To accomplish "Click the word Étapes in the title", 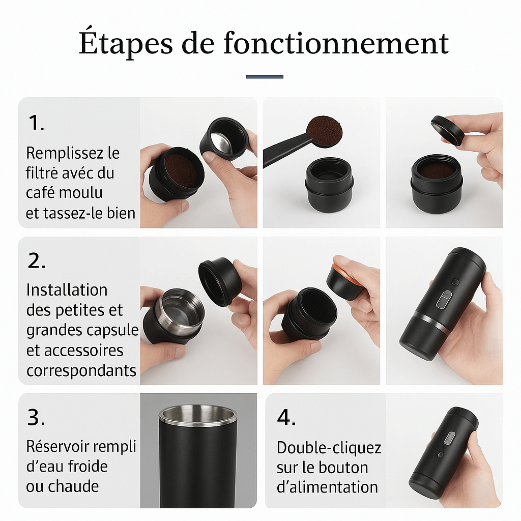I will (x=125, y=44).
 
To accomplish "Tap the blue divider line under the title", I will (x=264, y=77).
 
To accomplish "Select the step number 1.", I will (x=35, y=123).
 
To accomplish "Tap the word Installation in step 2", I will (x=67, y=290).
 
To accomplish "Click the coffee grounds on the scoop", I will (x=324, y=131).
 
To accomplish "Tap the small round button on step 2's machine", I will (x=455, y=282).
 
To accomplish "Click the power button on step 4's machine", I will (x=450, y=438).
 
